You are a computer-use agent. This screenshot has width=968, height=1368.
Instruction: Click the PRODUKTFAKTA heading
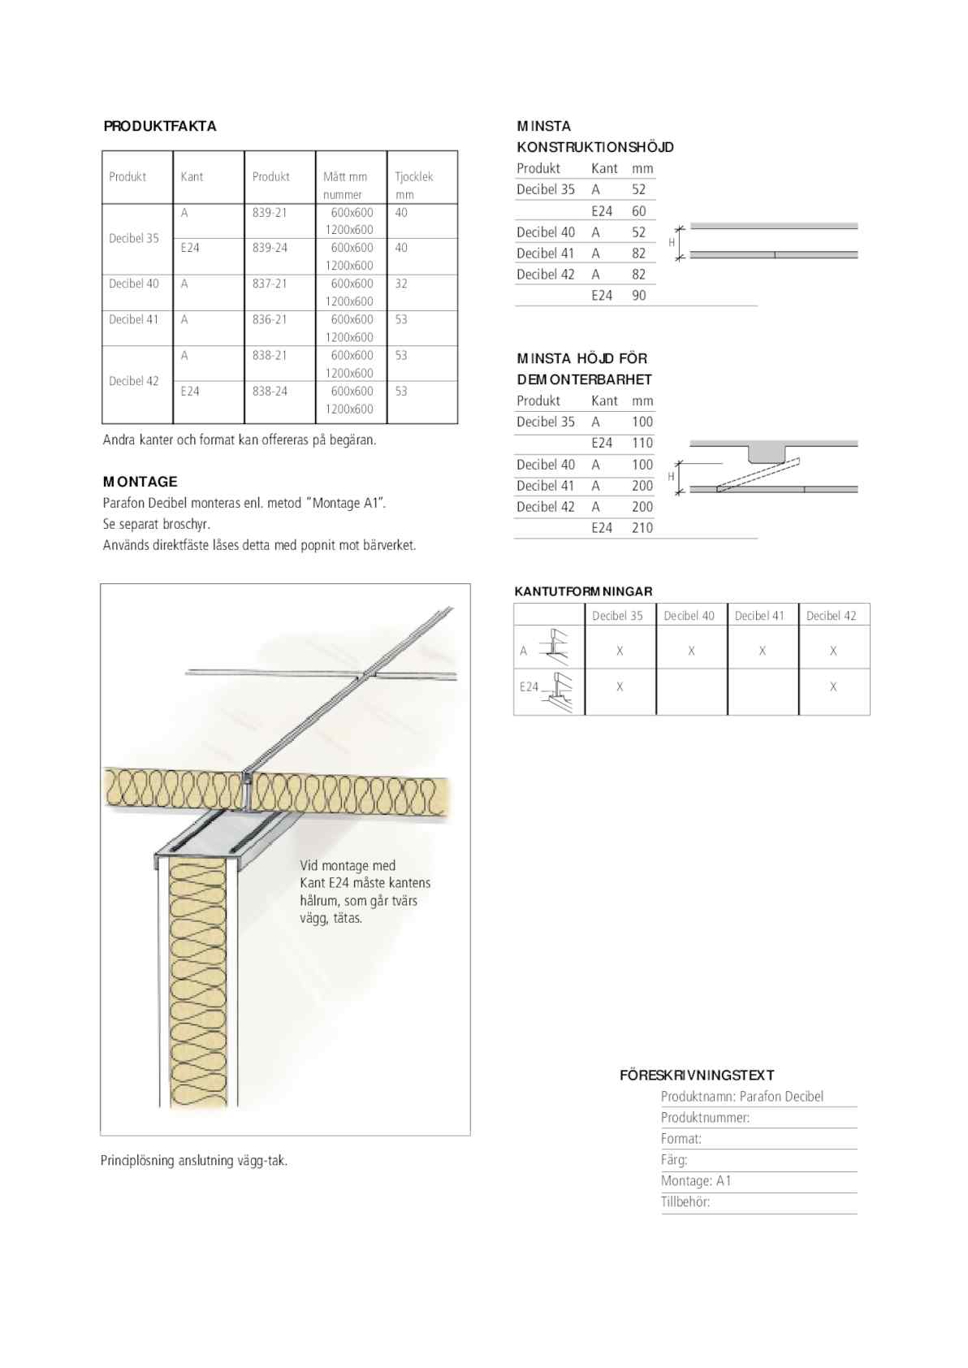pos(160,126)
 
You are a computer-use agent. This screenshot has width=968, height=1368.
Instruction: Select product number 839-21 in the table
pos(270,212)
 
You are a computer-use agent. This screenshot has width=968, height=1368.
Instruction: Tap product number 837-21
pos(270,284)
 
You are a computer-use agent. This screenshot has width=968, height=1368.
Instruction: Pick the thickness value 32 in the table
pos(401,284)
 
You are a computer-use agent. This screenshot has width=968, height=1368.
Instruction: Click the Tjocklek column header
pos(414,176)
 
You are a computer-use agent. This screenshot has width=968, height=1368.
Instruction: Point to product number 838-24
pos(270,391)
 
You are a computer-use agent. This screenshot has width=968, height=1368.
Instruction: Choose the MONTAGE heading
pos(140,482)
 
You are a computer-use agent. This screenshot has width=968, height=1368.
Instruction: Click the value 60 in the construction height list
pos(639,211)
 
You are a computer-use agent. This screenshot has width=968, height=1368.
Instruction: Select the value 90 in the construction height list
pos(639,296)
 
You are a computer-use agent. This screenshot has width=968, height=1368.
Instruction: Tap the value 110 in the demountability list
pos(642,443)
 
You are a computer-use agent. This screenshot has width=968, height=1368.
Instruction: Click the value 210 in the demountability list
pos(642,528)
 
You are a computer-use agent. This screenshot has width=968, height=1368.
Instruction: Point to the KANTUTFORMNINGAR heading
pos(583,591)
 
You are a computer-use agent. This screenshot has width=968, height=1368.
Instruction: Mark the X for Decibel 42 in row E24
pos(833,687)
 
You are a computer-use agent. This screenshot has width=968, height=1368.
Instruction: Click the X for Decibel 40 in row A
pos(691,651)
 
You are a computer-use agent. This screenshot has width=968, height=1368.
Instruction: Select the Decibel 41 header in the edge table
pos(759,616)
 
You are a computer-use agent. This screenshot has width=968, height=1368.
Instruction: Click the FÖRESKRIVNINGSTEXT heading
pos(697,1075)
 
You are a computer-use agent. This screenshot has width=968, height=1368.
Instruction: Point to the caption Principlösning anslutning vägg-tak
pos(194,1160)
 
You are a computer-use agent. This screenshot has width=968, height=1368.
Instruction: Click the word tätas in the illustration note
pos(348,919)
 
